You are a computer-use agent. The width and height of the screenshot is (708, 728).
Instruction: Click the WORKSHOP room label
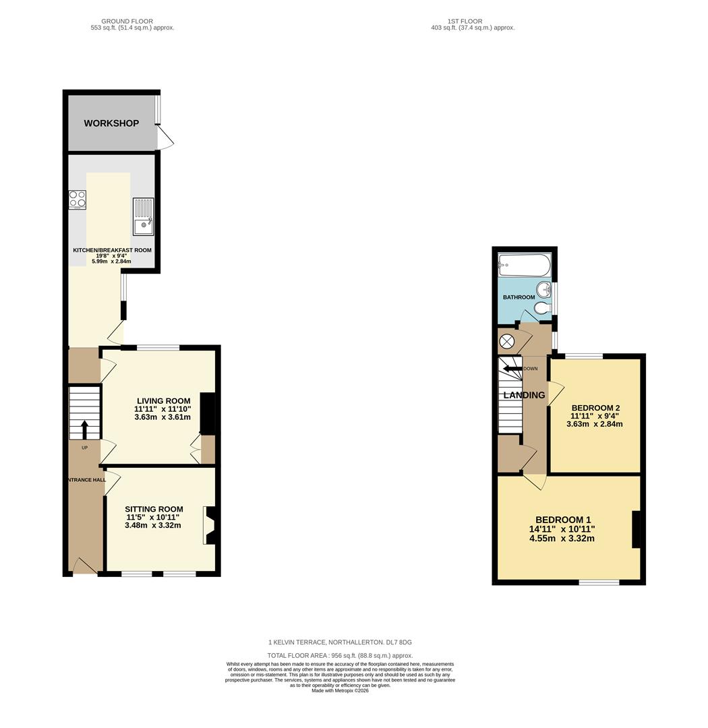[111, 123]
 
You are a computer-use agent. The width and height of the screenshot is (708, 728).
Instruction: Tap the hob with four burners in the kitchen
[77, 200]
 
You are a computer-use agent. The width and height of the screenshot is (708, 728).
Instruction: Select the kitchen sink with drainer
[143, 216]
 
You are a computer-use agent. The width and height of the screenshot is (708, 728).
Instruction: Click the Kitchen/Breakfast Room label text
[112, 250]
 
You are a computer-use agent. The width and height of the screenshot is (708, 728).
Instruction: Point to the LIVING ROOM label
[163, 401]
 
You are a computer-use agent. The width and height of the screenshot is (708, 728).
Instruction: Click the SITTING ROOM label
[154, 510]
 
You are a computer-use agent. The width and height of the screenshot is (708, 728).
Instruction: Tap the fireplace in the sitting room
[209, 525]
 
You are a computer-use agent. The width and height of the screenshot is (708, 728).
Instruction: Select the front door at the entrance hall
[85, 566]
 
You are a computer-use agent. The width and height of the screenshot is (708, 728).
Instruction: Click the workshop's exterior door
[165, 138]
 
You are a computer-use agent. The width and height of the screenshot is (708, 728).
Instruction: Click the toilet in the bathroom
[543, 309]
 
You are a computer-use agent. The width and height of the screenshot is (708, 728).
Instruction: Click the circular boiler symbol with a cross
[507, 341]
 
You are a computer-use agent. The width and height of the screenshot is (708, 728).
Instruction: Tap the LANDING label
[524, 395]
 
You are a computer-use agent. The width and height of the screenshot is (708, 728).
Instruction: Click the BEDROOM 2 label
[595, 408]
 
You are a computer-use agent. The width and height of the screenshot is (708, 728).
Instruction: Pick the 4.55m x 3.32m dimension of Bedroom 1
[562, 539]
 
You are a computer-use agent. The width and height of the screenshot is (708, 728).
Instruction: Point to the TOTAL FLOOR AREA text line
[340, 655]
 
